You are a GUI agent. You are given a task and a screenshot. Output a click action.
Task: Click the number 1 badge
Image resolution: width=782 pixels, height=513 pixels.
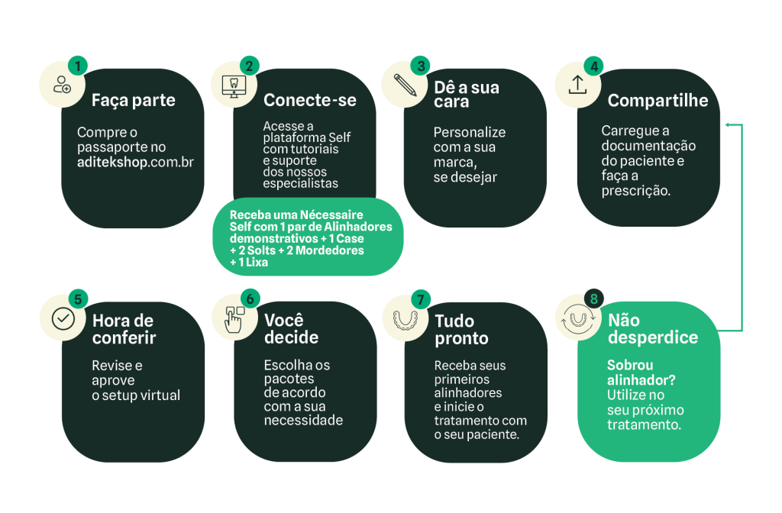tap(78, 66)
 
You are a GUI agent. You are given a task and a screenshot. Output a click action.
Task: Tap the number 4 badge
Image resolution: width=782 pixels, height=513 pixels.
tap(594, 66)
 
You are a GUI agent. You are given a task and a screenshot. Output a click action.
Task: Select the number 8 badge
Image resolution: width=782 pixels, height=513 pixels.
tap(594, 299)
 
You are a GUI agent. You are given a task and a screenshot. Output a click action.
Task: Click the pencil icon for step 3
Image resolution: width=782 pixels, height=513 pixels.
tap(405, 85)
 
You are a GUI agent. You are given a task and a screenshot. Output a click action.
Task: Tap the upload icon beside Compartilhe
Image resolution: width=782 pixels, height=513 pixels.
tap(577, 85)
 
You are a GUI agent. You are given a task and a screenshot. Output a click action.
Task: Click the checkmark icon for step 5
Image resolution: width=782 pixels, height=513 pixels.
tap(63, 318)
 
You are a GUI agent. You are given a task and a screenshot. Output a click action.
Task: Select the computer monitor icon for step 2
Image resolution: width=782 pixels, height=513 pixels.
tap(234, 86)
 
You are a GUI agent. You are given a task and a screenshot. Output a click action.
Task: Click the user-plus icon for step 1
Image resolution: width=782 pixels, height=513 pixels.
tap(62, 84)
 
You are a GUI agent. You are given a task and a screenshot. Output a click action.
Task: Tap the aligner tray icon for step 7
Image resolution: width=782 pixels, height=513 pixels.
tap(405, 320)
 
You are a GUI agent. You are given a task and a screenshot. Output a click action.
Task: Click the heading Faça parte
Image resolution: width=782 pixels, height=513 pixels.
tap(133, 100)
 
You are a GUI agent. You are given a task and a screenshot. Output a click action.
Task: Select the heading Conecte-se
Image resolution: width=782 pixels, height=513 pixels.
tap(310, 100)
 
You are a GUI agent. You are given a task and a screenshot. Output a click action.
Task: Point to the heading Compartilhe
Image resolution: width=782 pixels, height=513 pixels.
tap(658, 101)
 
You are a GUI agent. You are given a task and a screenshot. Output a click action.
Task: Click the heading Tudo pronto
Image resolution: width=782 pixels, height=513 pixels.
tap(461, 330)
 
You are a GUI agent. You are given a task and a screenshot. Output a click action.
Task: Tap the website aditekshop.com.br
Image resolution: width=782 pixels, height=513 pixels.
tap(135, 162)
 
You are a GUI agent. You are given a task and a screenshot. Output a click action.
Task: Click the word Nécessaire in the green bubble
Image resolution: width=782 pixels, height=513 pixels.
tap(332, 215)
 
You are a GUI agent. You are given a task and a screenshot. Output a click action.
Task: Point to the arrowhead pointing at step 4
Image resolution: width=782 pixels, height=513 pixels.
tap(728, 124)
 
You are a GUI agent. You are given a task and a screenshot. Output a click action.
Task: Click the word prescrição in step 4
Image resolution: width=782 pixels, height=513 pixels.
tap(636, 191)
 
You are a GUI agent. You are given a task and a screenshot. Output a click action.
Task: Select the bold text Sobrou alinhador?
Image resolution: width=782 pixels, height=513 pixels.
tap(641, 373)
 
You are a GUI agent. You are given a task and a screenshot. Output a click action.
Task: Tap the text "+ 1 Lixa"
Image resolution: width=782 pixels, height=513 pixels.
tap(249, 263)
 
